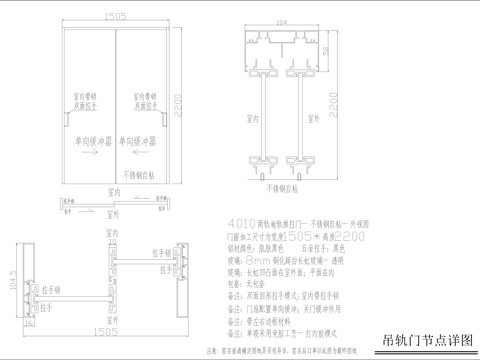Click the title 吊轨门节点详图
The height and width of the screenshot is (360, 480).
pos(428,339)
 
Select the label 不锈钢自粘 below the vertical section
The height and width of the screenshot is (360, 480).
pos(285,187)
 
